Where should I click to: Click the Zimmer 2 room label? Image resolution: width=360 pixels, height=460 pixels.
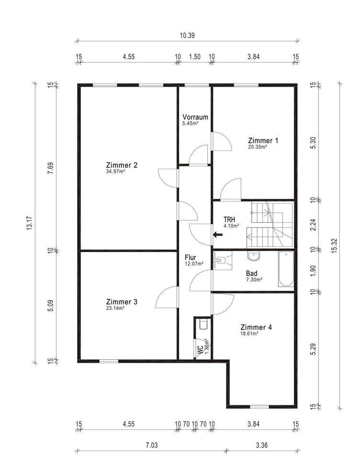coord(122,165)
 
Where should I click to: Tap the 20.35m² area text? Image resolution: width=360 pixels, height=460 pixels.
coord(258,147)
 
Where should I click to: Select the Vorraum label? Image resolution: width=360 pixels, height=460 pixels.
coord(195,117)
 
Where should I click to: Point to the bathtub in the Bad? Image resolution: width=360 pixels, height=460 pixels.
coord(286,269)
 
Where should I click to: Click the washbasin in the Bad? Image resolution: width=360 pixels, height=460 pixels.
coord(254,256)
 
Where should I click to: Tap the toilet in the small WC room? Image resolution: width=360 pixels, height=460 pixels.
coord(203,325)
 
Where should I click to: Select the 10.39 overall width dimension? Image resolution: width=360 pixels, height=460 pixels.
coord(187,35)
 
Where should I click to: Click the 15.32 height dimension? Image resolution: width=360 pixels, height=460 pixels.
coord(335,246)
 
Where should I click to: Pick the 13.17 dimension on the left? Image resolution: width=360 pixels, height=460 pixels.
coord(30,223)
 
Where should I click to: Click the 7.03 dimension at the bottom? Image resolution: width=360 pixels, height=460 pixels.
coord(152,445)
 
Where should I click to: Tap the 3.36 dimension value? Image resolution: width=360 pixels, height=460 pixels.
coord(261,445)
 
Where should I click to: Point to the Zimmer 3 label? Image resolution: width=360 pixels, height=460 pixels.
coord(122,301)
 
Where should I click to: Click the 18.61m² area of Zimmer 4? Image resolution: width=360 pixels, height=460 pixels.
coord(249,333)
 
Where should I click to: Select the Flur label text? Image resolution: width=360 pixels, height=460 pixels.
coord(190,257)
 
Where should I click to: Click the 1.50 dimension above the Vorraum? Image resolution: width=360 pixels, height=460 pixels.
coord(195,57)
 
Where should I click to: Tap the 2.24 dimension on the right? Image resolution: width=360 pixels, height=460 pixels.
coord(313,225)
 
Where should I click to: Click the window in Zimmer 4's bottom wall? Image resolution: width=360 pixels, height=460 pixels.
coord(259,407)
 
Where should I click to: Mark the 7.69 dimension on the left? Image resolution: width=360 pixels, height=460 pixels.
coord(51,168)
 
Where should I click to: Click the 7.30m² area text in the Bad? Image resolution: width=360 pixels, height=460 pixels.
coord(254,279)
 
